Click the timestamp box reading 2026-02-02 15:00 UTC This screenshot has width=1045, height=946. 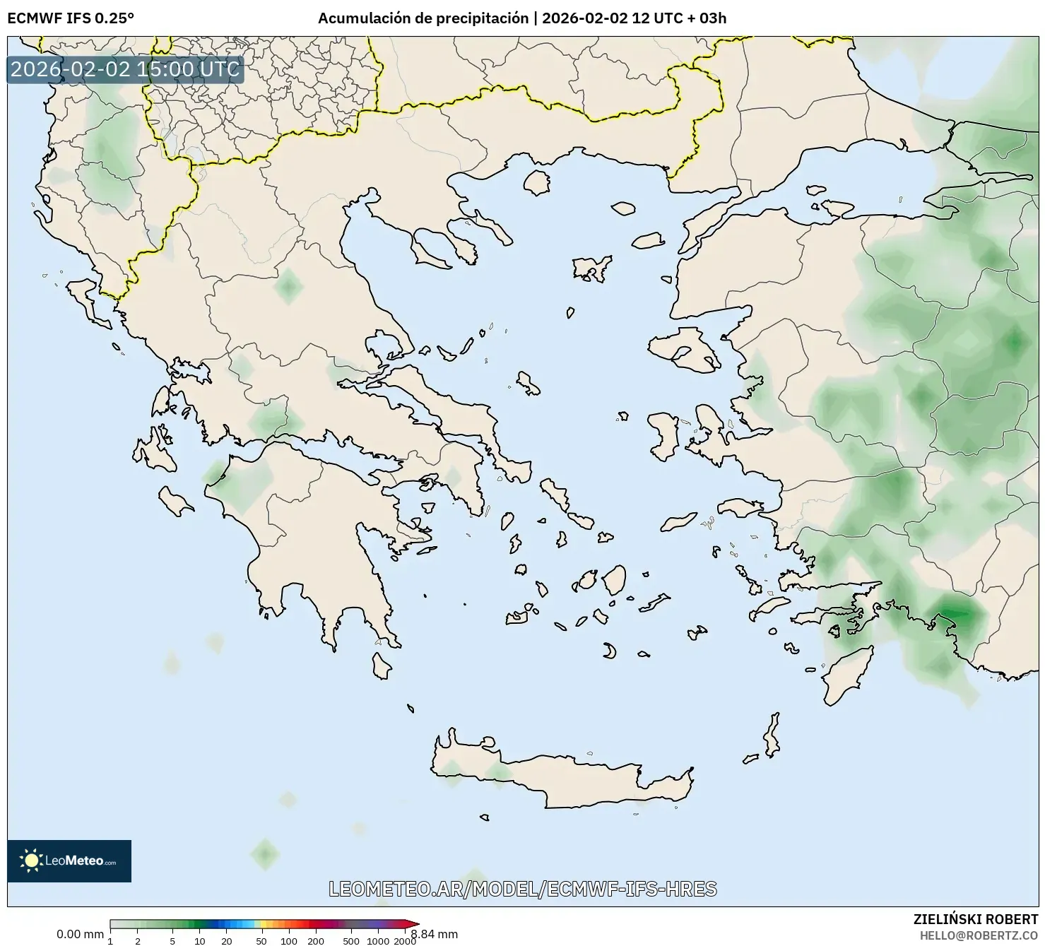coord(125,69)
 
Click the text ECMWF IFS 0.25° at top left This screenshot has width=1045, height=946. coord(71,18)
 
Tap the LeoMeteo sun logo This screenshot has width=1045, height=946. coord(31,860)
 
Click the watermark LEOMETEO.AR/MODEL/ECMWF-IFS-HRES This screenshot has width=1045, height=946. coord(523,889)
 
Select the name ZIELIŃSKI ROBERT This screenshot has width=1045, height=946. coord(976,919)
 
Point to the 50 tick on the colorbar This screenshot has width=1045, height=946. coord(261,940)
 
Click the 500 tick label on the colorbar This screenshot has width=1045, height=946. coord(351,940)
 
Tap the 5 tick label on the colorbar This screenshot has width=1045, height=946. coord(172,940)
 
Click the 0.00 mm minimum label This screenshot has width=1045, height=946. coord(80,934)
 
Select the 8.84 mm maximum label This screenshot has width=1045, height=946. coord(435,934)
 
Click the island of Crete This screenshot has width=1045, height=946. coord(565,784)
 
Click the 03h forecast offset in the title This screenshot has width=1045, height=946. coord(712,18)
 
